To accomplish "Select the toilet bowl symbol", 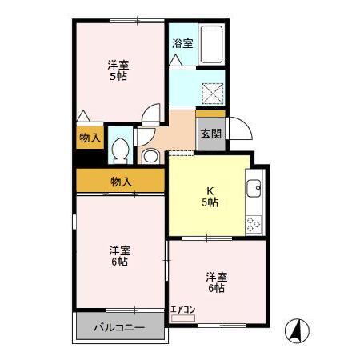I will coord(121,150).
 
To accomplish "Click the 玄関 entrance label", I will coord(211,134).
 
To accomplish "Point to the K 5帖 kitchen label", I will coord(210,197).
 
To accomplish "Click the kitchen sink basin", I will coord(254,190).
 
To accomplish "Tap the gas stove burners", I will coord(254,222).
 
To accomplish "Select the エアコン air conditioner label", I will coord(182,309).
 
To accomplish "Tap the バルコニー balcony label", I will coord(118,328).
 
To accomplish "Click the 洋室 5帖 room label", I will coord(119,70).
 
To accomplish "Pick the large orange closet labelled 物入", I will coord(121,182).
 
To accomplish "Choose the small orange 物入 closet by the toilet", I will coord(90,138).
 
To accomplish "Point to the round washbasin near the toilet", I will coord(150,156).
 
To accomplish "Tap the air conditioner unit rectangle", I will coord(183,318).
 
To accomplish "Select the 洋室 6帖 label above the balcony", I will coord(120,255).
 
